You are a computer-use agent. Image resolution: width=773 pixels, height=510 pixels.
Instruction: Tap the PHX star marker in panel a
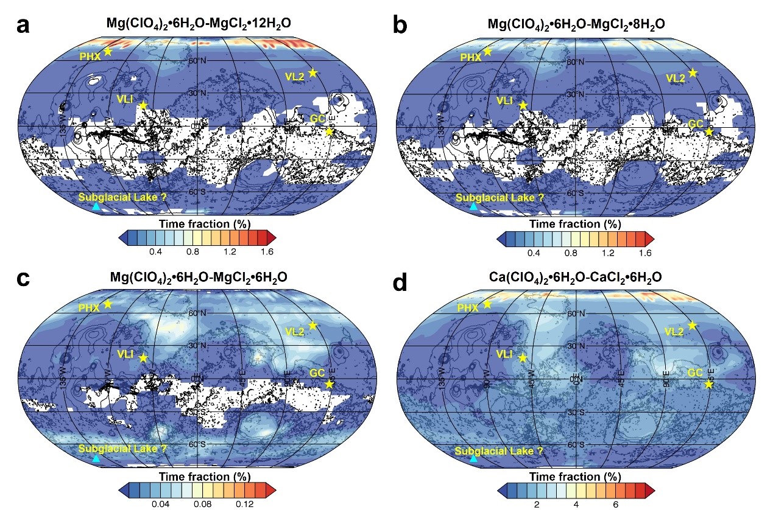(108, 51)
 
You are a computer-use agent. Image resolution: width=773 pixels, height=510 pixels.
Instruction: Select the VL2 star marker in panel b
(693, 72)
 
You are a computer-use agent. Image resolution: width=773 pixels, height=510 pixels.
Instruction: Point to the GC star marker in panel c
(330, 383)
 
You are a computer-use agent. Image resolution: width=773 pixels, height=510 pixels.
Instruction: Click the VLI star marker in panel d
(522, 357)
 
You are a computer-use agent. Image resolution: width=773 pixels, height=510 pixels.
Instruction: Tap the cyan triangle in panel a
(96, 206)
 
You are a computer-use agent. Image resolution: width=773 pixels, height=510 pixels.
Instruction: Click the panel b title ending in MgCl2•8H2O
(576, 24)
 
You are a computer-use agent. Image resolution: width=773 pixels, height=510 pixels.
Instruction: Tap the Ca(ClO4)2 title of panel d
(576, 278)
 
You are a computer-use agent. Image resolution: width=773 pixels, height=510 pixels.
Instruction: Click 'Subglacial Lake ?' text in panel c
(122, 449)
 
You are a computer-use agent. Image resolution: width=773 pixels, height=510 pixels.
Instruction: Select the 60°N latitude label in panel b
(574, 62)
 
